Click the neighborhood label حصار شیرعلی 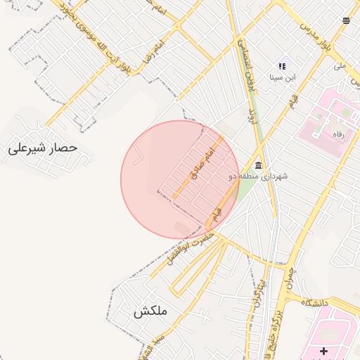pos(43,149)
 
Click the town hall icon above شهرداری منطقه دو pos(259,165)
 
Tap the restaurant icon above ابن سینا pos(283,66)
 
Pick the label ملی pos(340,65)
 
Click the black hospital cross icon pos(323,350)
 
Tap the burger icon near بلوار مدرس pos(346,20)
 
